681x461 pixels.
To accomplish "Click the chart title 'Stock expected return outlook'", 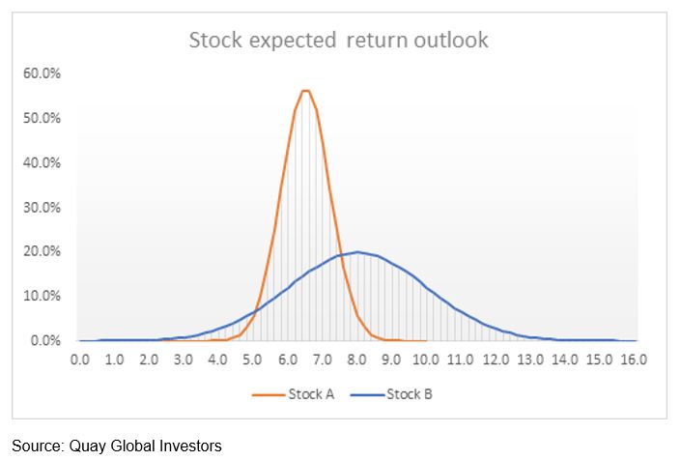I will tap(339, 41).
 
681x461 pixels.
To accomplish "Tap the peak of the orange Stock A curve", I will tap(305, 91).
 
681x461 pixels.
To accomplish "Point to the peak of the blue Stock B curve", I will tap(357, 252).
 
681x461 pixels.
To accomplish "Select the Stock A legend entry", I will tap(294, 394).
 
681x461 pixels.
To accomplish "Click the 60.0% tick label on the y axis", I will tap(44, 73).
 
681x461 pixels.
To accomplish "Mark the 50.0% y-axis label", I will tap(44, 118).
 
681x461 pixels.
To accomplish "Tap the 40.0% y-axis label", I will tap(44, 162).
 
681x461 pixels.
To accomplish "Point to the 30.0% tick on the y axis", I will tap(44, 207).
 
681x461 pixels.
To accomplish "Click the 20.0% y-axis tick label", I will tap(44, 251).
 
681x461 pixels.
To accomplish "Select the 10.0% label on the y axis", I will tap(44, 296).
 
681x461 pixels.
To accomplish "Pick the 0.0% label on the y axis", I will tap(47, 340).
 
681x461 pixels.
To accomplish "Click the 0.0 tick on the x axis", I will tap(80, 360).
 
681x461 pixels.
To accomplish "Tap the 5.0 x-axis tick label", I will tap(253, 360).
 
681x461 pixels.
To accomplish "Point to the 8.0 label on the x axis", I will tap(356, 360).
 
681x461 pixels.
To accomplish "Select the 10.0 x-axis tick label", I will tap(426, 360).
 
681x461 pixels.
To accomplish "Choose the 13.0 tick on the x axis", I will tap(530, 360).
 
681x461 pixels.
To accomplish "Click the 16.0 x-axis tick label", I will tap(634, 360).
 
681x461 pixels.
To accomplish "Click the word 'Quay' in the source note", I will tap(85, 446).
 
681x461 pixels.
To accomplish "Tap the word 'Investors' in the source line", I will tap(189, 446).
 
